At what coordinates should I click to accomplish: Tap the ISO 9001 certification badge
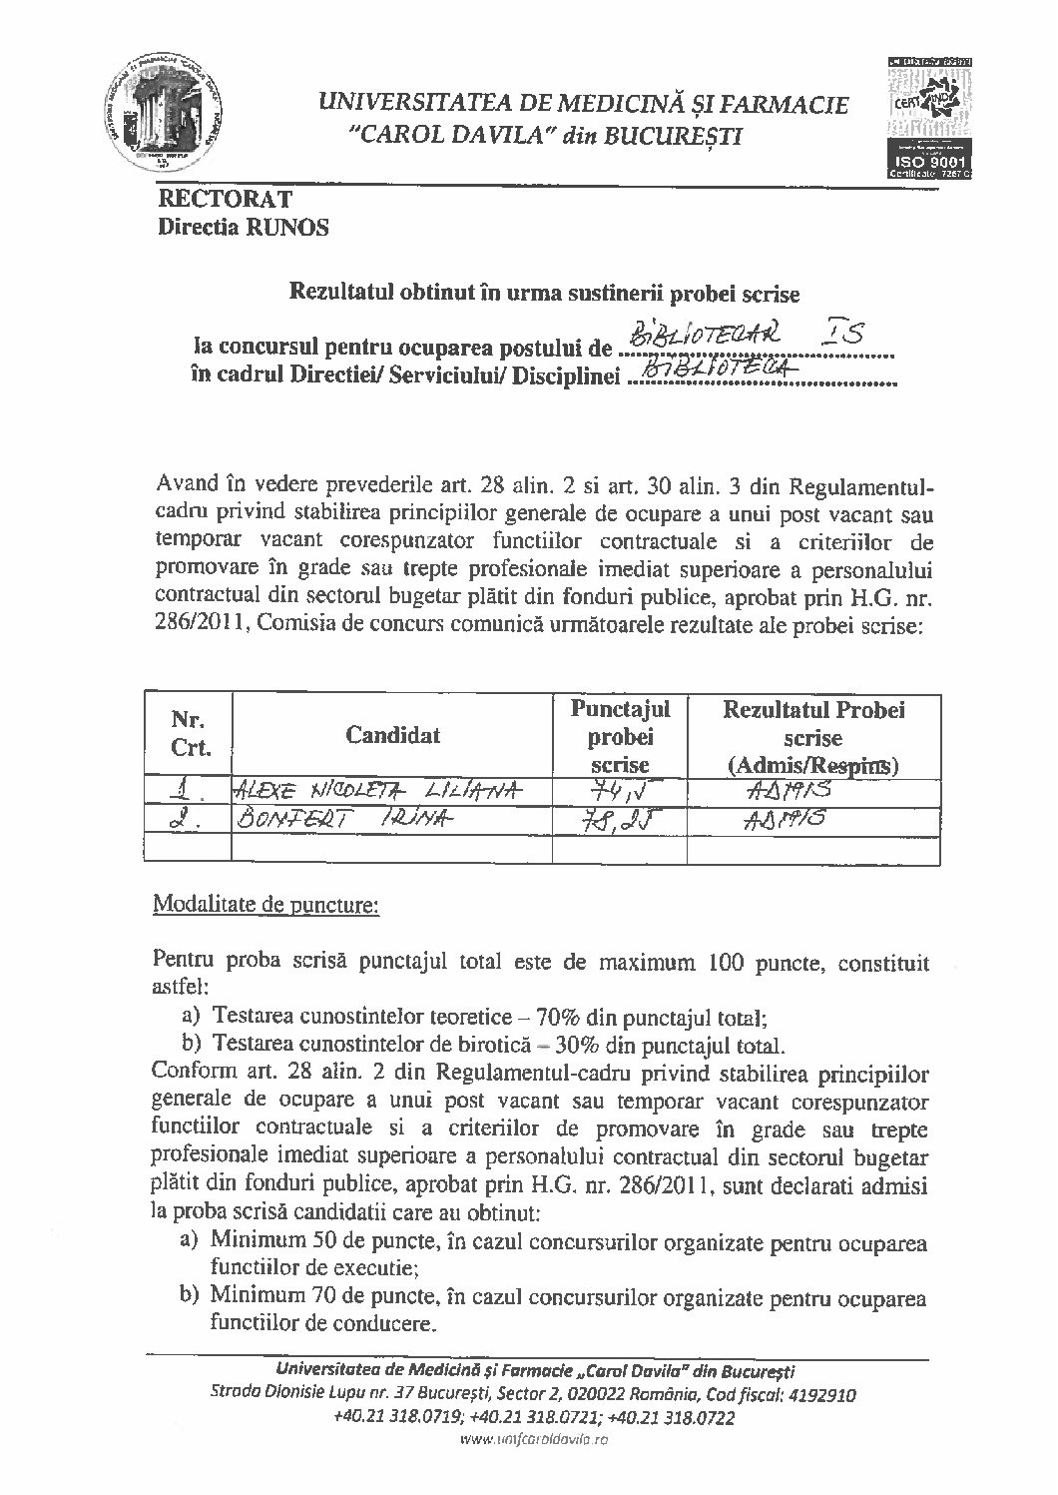[x=929, y=119]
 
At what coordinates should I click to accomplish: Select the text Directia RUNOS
[x=244, y=228]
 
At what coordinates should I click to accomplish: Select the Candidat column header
[x=392, y=736]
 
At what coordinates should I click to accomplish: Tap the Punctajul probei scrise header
[x=620, y=736]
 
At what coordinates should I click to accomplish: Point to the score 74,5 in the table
[x=620, y=791]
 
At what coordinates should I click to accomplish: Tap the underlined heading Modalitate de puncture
[x=264, y=907]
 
